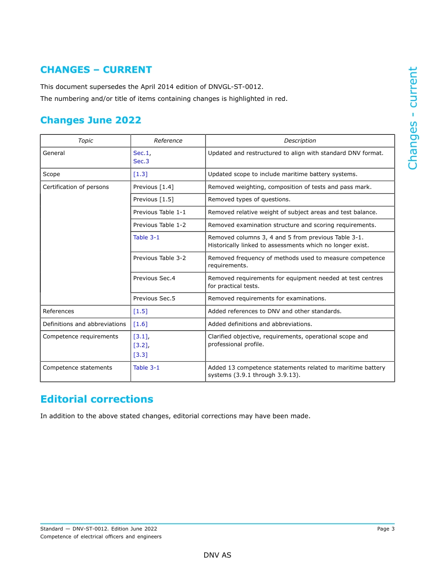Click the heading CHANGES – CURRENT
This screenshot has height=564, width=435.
(x=96, y=70)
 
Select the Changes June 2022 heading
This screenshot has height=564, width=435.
(x=91, y=120)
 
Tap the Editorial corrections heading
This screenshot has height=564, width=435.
(x=97, y=399)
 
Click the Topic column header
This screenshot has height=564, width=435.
(x=86, y=141)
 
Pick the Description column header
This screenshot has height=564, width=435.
(x=300, y=141)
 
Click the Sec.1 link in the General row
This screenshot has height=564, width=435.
(x=141, y=153)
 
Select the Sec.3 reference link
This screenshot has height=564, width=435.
(x=141, y=161)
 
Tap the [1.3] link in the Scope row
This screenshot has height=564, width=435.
(x=140, y=174)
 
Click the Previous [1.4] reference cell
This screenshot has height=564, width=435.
(x=153, y=187)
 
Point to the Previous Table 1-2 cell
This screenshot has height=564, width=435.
(x=159, y=225)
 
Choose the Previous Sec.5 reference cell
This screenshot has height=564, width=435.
(x=154, y=299)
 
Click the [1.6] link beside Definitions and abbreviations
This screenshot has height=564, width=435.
(x=140, y=324)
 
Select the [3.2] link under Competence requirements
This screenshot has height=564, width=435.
(x=140, y=345)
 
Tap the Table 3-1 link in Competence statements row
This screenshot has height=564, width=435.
(x=146, y=368)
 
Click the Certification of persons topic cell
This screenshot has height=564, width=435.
(x=76, y=187)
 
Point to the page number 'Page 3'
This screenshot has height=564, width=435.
(x=386, y=529)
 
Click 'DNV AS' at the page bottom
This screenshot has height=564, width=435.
(x=217, y=555)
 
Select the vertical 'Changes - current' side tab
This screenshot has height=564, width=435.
(x=413, y=118)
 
